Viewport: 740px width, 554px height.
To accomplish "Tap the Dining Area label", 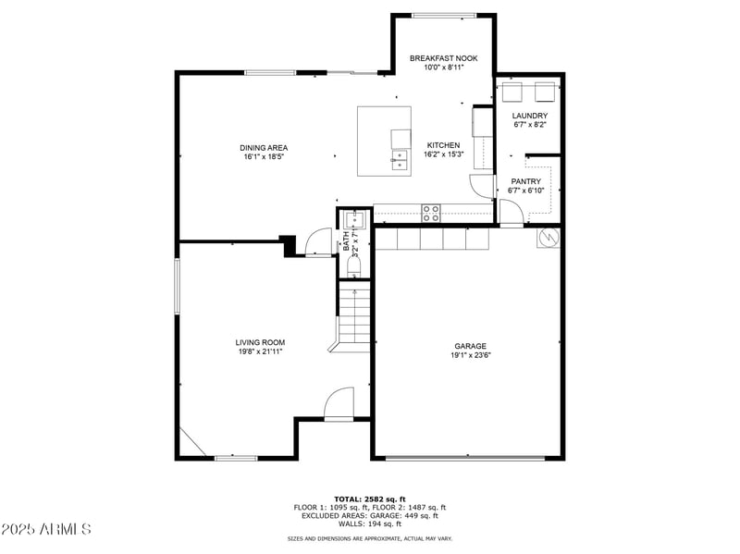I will pyautogui.click(x=264, y=148).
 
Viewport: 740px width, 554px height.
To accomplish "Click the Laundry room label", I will pyautogui.click(x=530, y=116).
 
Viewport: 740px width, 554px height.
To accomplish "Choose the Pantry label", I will pyautogui.click(x=526, y=181).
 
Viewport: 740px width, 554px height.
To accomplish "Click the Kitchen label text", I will pyautogui.click(x=443, y=145).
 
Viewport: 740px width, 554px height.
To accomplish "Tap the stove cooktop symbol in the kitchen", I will pyautogui.click(x=431, y=213).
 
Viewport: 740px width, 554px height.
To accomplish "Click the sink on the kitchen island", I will pyautogui.click(x=400, y=165).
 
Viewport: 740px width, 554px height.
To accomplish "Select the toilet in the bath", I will pyautogui.click(x=353, y=265).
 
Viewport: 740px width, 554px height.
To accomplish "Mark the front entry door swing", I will pyautogui.click(x=339, y=404).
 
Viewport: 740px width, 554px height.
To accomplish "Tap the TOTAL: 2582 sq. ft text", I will pyautogui.click(x=369, y=499).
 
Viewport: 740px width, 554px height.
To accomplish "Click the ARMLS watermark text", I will pyautogui.click(x=46, y=530).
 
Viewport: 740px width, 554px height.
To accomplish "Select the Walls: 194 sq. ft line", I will pyautogui.click(x=369, y=523).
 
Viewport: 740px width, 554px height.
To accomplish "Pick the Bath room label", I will pyautogui.click(x=347, y=241).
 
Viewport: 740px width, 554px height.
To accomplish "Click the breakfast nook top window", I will pyautogui.click(x=444, y=15).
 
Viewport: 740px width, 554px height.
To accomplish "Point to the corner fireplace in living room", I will pyautogui.click(x=191, y=445).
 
